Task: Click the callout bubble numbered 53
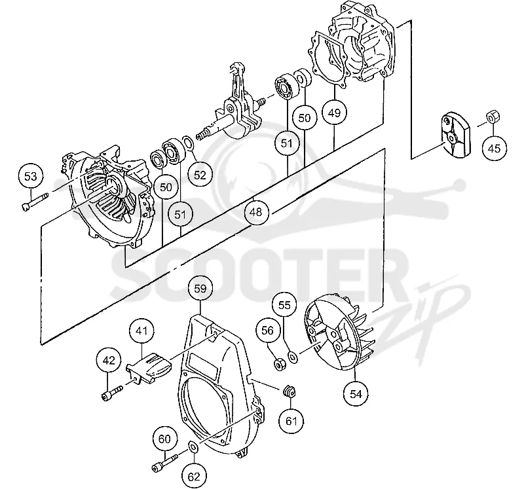31,176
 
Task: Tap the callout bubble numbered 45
495,148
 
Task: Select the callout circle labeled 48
257,211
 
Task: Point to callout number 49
334,113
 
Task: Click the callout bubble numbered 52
200,174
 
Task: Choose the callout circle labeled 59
200,288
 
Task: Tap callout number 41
141,331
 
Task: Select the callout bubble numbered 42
109,361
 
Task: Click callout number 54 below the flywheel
356,394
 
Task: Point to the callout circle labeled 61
291,420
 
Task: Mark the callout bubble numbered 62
194,477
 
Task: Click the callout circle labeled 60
165,439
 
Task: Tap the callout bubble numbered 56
268,331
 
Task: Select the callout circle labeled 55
285,304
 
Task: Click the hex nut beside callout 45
491,117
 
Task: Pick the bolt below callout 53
35,201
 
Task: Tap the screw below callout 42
112,393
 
